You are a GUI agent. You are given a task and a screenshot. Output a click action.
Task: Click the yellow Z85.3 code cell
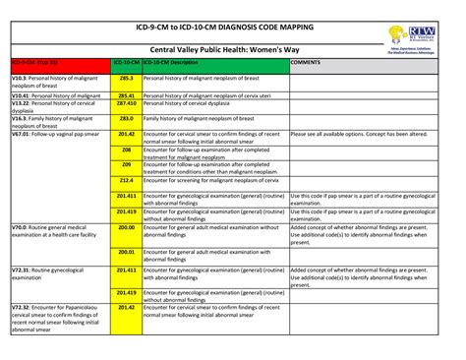(126, 75)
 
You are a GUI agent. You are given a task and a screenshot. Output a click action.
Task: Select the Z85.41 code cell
(126, 93)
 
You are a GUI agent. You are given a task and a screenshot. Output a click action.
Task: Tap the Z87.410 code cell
(126, 102)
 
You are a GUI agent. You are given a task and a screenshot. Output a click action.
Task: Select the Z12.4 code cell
(126, 181)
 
